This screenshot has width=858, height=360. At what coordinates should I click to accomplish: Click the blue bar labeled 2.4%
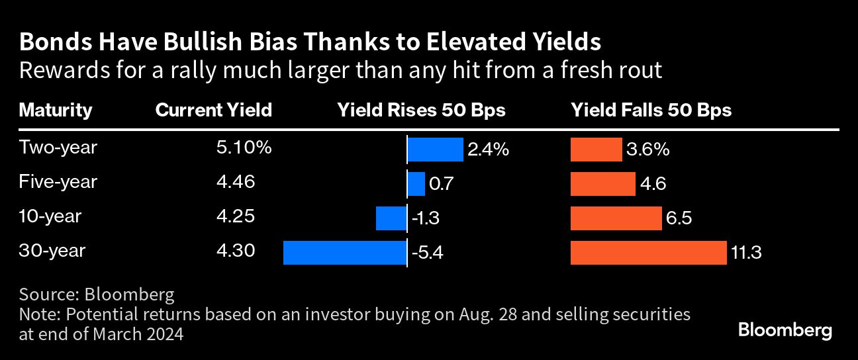click(435, 150)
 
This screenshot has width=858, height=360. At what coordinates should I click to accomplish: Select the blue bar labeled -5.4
click(345, 253)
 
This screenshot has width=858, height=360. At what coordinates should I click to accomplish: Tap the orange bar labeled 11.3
click(648, 253)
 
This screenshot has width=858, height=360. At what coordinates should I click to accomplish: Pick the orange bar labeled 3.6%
click(596, 150)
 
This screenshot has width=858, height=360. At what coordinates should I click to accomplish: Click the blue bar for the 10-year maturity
click(391, 218)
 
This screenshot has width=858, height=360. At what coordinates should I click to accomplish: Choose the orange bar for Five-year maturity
click(603, 184)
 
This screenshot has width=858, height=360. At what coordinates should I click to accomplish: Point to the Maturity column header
click(56, 110)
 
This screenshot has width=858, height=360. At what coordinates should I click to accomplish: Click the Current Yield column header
click(213, 110)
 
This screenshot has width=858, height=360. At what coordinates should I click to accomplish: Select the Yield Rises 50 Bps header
click(421, 110)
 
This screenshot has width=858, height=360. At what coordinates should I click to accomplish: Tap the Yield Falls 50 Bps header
click(651, 110)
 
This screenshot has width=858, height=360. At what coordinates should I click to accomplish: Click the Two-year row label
click(58, 148)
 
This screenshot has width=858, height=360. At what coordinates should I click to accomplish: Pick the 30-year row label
click(52, 251)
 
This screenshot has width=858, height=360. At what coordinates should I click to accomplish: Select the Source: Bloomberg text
click(97, 294)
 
